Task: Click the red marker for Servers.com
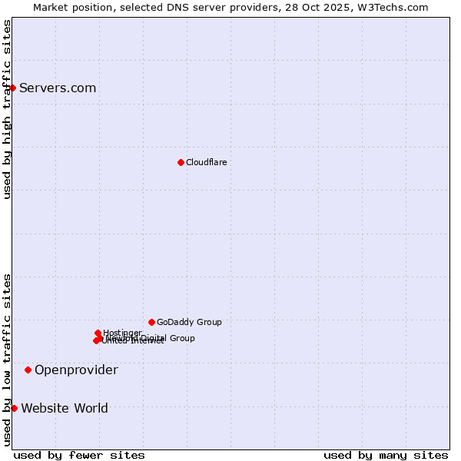12,88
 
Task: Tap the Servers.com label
58,88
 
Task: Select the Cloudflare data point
181,162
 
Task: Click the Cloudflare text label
206,162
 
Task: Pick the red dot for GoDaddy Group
151,322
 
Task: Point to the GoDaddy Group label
189,323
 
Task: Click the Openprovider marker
28,370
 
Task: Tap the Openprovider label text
76,370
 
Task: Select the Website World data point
14,408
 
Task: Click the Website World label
65,408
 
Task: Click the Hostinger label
122,333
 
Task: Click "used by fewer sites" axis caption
79,455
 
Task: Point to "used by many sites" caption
386,455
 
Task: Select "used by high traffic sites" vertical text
7,109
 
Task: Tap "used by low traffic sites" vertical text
7,360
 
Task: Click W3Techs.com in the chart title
396,7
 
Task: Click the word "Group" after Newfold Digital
181,338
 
